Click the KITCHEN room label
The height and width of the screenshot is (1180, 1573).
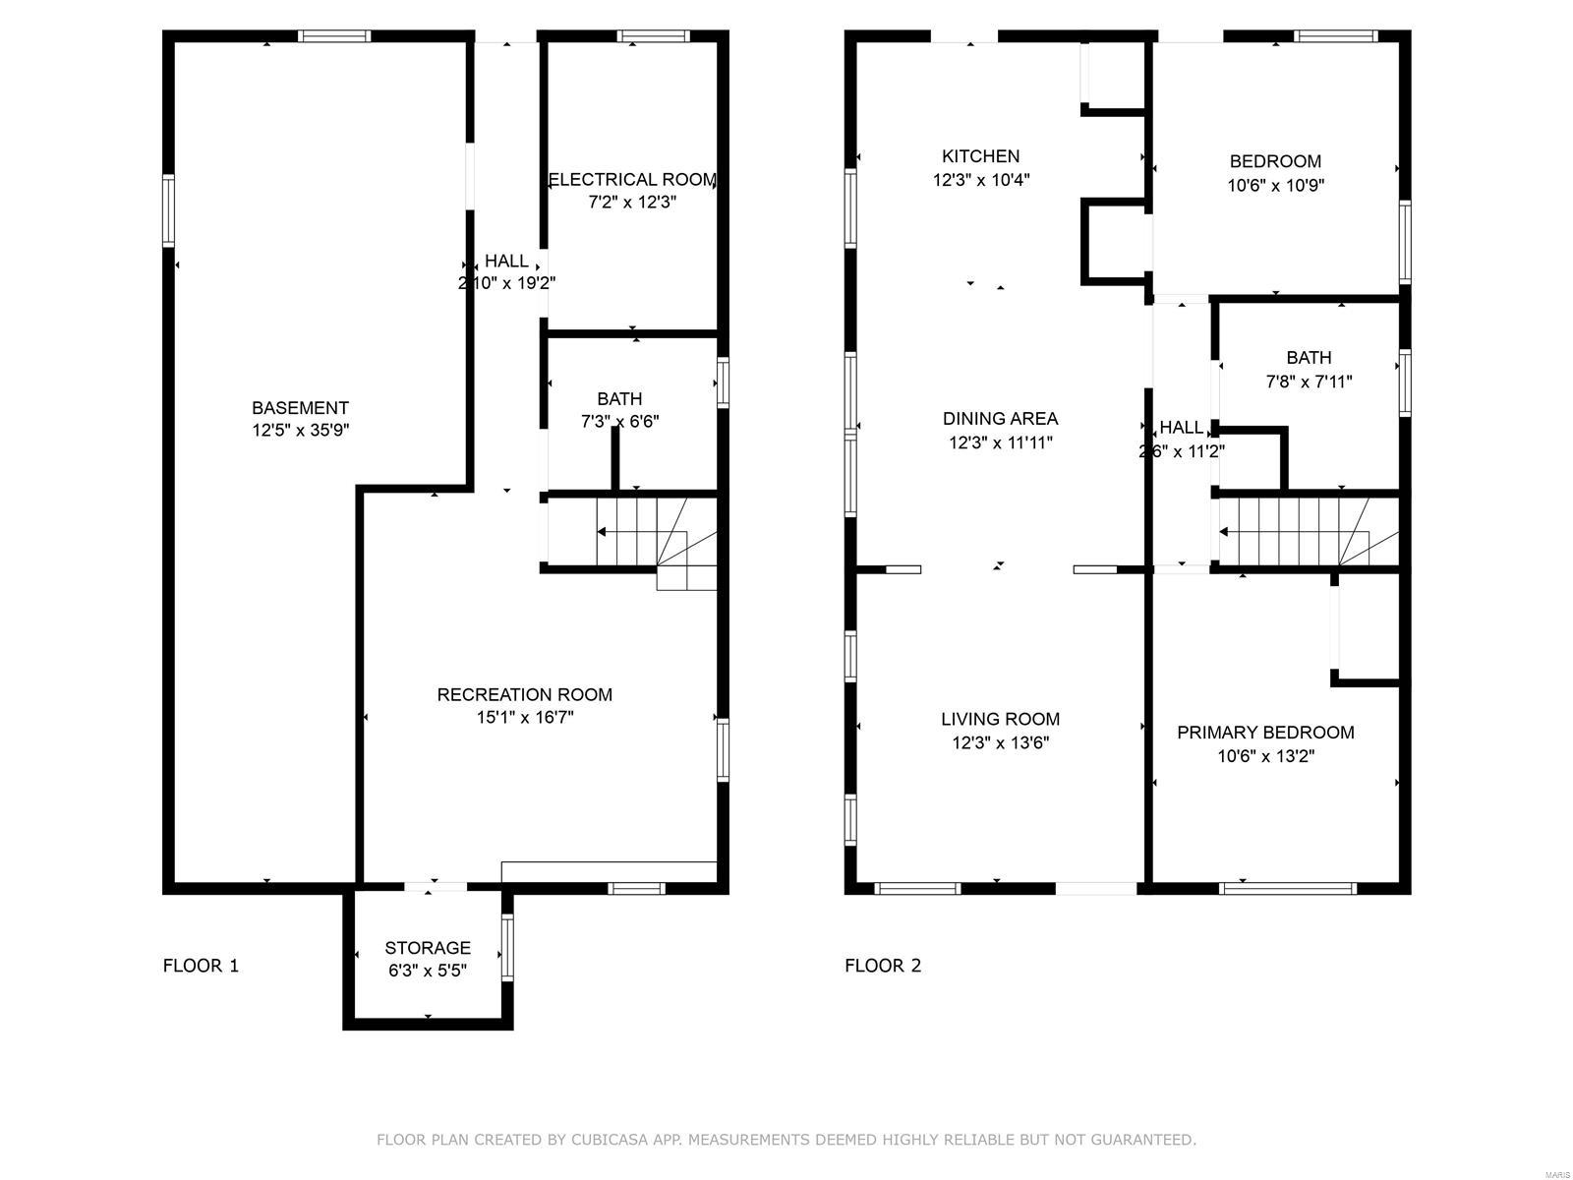click(980, 156)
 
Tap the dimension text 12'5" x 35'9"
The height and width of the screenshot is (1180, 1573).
click(300, 430)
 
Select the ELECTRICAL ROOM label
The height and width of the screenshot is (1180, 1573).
click(632, 180)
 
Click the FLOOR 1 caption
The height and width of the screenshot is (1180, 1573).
click(201, 966)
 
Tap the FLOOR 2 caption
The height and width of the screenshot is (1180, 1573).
click(883, 966)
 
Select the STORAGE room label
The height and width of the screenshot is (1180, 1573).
click(428, 948)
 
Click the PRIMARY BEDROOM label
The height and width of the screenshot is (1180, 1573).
click(1265, 733)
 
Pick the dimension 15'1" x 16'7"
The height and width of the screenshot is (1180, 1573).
click(525, 718)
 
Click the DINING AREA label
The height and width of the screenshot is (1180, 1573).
click(1000, 419)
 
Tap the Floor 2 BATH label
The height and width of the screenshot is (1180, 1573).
click(1309, 358)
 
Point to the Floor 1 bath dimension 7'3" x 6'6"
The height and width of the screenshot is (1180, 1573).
click(619, 421)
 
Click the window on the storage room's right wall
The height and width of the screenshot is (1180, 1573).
click(507, 948)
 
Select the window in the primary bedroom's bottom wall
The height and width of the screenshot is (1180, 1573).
click(1287, 888)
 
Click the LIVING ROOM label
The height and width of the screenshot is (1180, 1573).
click(1000, 719)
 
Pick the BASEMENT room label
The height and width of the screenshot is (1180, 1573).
click(300, 408)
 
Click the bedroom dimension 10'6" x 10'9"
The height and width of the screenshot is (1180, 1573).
click(1275, 185)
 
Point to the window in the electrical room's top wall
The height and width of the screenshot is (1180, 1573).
click(653, 36)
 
